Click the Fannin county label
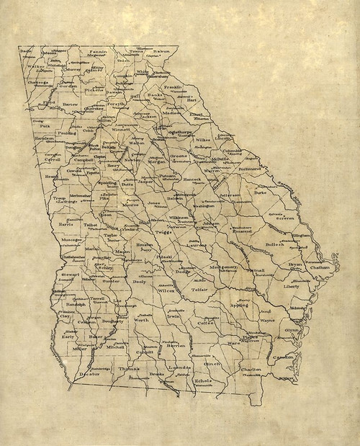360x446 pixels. coord(99,52)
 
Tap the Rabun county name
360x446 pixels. coord(161,52)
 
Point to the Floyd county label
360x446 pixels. coord(49,103)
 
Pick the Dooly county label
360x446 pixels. coord(140,282)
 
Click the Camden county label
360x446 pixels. coord(283,357)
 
